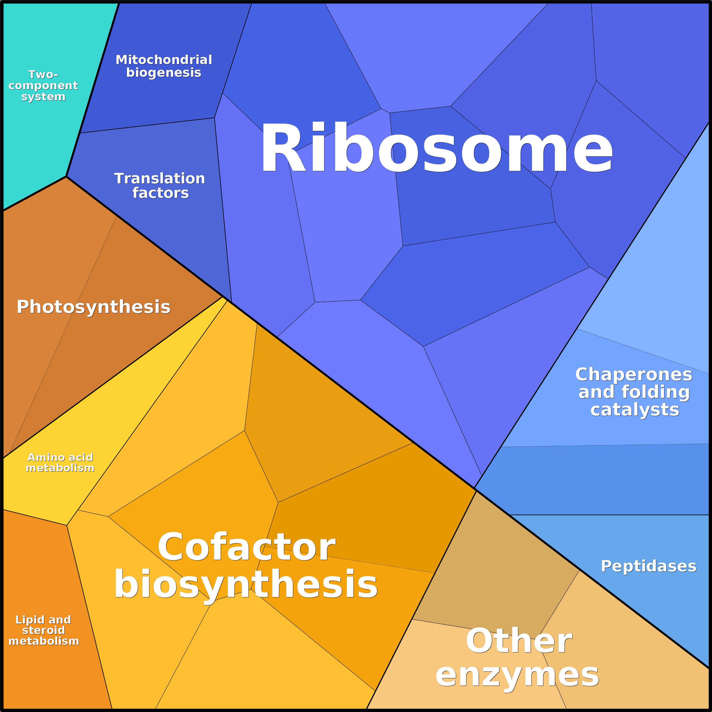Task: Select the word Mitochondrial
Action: [164, 60]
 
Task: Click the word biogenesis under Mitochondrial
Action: [164, 73]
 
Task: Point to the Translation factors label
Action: [160, 186]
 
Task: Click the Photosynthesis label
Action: [94, 307]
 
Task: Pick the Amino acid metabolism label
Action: [60, 463]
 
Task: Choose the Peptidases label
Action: [648, 566]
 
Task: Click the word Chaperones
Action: [633, 375]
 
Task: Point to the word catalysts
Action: [634, 410]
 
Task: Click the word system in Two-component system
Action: [43, 97]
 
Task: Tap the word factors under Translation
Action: [160, 193]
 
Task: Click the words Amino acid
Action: [60, 457]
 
